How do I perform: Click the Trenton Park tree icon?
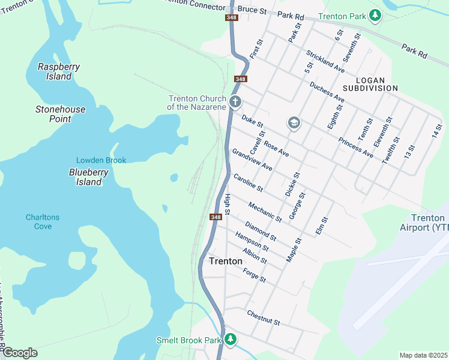(x=375, y=15)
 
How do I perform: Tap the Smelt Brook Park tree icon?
(x=231, y=340)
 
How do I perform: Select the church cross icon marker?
(x=235, y=102)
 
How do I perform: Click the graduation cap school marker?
(x=294, y=124)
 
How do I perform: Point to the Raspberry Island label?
(x=55, y=71)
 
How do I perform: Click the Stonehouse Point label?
(x=61, y=114)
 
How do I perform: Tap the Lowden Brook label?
(x=101, y=160)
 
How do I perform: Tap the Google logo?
(x=19, y=353)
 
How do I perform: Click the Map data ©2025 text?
(x=423, y=355)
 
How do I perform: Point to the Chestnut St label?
(x=264, y=318)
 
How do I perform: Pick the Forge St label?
(x=255, y=275)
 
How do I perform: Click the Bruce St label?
(x=252, y=10)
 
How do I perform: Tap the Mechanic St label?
(x=265, y=211)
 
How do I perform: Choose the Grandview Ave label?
(x=252, y=160)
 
